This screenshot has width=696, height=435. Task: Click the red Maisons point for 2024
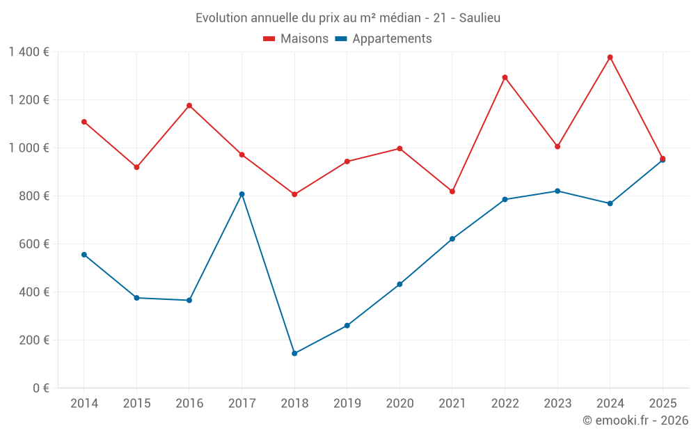pos(610,57)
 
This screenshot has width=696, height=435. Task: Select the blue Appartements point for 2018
pos(294,354)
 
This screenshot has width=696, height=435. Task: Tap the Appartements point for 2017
pos(242,194)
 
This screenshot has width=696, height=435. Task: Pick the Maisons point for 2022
pos(505,78)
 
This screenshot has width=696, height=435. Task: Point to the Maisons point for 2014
pos(84,122)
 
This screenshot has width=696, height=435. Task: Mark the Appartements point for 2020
pos(400,284)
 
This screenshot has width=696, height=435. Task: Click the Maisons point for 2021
pos(452,191)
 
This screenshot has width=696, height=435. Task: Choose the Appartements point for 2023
pos(557,191)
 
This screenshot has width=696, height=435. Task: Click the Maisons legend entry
pos(296,38)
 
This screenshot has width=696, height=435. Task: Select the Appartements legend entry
pos(383,38)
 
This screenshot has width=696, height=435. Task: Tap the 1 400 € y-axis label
pos(29,52)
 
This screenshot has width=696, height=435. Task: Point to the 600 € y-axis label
pos(34,244)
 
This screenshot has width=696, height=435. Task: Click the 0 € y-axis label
pos(41,388)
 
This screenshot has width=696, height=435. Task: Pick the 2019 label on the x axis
pos(347,403)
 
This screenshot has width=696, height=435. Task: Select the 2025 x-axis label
pos(663,403)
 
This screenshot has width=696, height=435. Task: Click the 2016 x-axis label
pos(189,403)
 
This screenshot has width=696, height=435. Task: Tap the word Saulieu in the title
pos(480,18)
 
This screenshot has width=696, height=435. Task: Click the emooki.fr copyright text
pos(635,420)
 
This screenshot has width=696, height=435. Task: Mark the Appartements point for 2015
pos(136,298)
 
